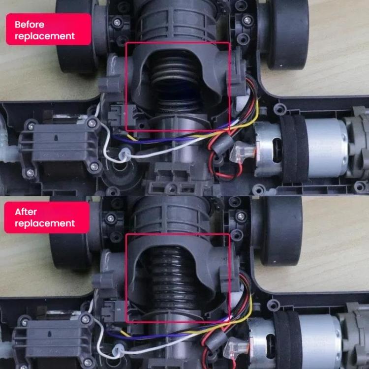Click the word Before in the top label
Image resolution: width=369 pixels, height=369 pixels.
[x=30, y=25]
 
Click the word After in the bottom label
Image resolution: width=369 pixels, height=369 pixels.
[x=26, y=212]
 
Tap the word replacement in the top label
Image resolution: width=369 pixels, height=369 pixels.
[x=45, y=36]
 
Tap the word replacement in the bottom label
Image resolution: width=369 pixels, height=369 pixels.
[x=45, y=223]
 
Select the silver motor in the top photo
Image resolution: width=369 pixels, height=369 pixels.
[x=304, y=148]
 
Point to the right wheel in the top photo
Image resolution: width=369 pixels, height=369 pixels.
[x=289, y=35]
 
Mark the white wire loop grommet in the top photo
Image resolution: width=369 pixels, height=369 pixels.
[x=124, y=154]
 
